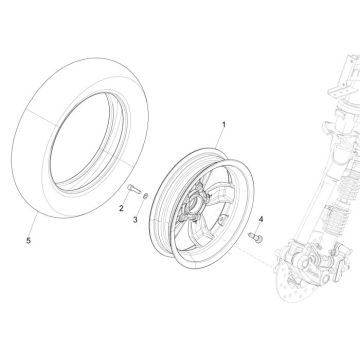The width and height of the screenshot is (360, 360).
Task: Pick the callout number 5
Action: click(28, 240)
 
